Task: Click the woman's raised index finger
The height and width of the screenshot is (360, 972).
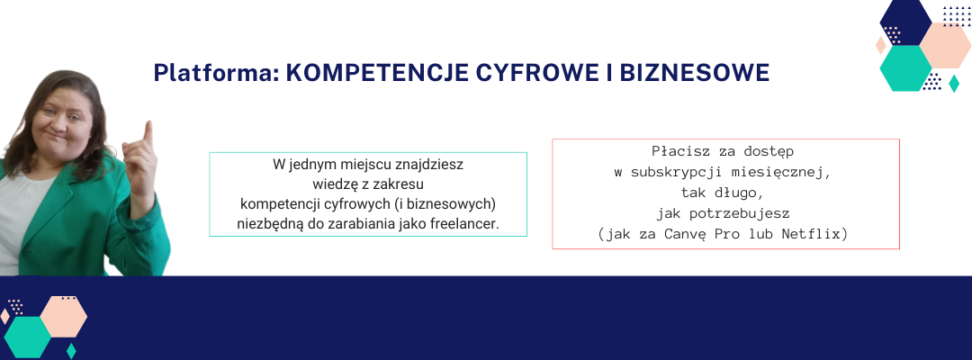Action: click(x=148, y=132)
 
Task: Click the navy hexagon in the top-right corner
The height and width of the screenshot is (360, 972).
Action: click(x=905, y=22)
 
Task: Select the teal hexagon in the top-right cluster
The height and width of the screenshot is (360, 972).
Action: click(x=905, y=68)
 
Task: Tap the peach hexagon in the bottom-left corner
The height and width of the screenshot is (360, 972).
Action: click(x=64, y=317)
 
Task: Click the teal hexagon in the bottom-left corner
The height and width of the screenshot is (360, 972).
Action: click(x=28, y=337)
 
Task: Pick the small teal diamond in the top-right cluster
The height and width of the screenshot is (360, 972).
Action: click(x=954, y=84)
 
